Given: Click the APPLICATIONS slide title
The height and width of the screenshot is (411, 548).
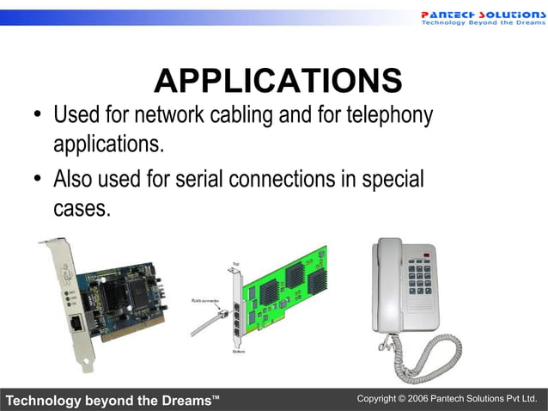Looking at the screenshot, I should coord(277,81).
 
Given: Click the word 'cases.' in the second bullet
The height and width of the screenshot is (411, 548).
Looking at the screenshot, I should coord(82,208).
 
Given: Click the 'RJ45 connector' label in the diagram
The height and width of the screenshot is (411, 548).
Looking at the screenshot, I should coord(206,301).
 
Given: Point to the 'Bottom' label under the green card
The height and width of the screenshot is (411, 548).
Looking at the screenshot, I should coord(239,352).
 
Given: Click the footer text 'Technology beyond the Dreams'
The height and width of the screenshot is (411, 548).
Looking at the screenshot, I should coord(113,401).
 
